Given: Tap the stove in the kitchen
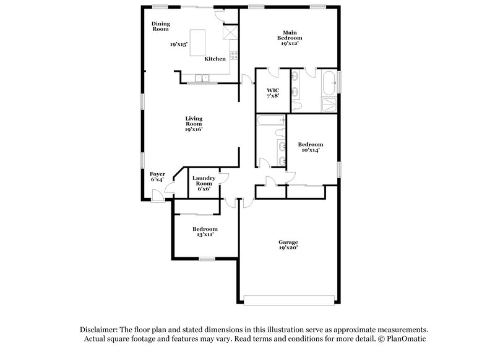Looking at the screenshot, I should (233, 55).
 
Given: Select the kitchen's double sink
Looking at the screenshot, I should (202, 78).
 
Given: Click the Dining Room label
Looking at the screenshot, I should (161, 27).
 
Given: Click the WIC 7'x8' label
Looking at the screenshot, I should (273, 93).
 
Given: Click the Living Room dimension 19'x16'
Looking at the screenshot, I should (194, 129).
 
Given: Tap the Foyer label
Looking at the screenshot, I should (157, 177).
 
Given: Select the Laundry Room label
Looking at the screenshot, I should (204, 183).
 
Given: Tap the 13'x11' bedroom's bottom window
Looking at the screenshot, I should (207, 259).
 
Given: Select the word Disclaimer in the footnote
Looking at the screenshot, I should (99, 330).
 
